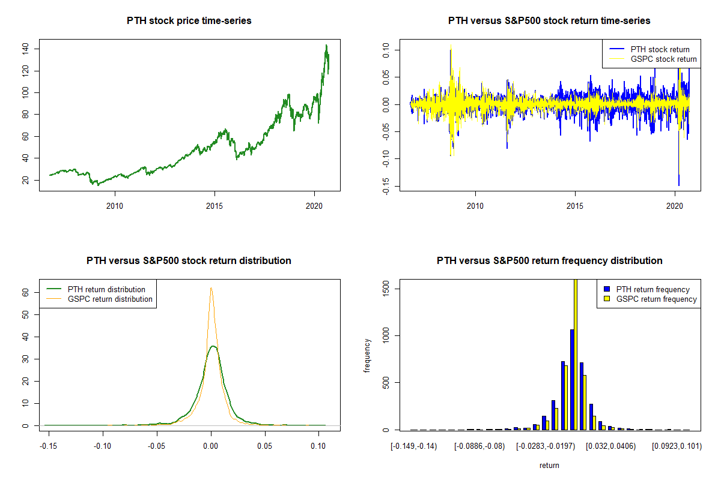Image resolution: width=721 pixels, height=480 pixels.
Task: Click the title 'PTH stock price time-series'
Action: pos(189,21)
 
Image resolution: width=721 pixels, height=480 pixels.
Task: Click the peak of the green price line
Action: pos(326,46)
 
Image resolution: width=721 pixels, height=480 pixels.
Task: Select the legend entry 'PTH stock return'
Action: pos(660,49)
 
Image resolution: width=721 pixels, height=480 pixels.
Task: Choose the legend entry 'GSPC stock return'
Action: pos(663,59)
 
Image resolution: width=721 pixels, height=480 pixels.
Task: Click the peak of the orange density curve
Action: pos(211,288)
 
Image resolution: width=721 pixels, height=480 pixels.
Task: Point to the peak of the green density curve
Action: pos(211,346)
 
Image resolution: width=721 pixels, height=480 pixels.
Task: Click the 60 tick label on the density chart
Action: pos(26,292)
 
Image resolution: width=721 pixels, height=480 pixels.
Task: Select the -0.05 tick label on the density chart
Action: pos(157,446)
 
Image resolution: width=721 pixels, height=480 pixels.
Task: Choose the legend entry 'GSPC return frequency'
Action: pos(657,299)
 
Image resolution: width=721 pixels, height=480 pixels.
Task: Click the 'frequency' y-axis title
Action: pos(368,356)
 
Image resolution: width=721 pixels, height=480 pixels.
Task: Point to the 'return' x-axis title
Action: pos(549,465)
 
